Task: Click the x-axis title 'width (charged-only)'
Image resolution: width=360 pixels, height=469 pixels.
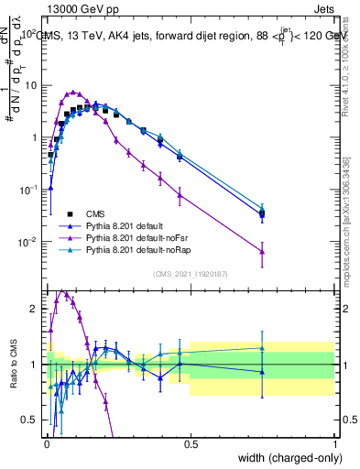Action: click(286, 456)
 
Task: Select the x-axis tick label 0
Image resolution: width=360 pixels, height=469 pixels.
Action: click(46, 443)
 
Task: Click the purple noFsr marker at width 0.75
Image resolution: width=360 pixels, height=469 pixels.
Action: click(262, 252)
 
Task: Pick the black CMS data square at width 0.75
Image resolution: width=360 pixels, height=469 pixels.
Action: click(262, 214)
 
